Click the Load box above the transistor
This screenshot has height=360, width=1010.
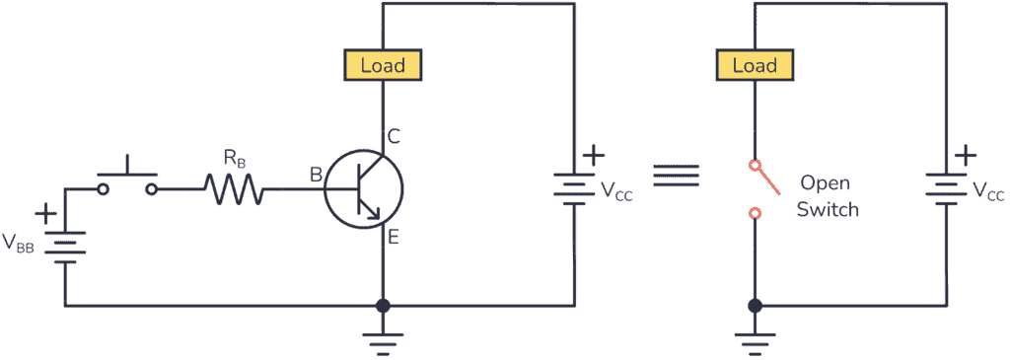tap(382, 66)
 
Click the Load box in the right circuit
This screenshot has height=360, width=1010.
tap(755, 66)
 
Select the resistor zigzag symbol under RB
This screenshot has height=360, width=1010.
tap(234, 188)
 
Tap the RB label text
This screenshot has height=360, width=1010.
tap(235, 157)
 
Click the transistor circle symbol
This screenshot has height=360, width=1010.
tap(364, 187)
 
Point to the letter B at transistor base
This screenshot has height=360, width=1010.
tap(316, 176)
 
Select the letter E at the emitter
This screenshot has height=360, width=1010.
tap(394, 237)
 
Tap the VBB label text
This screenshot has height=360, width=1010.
tap(19, 243)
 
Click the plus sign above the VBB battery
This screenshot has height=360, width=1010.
tap(45, 213)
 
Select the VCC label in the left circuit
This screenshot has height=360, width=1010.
tap(616, 191)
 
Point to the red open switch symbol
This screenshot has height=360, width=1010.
tap(759, 187)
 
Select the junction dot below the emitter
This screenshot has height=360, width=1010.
tap(383, 306)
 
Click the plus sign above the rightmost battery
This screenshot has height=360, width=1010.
tap(966, 155)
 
